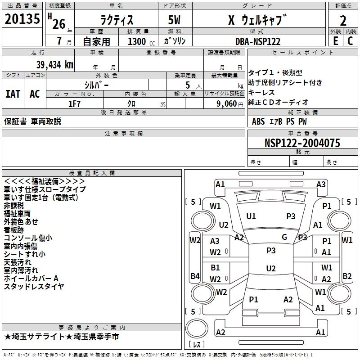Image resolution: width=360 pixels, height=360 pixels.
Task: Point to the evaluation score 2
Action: click(343, 20)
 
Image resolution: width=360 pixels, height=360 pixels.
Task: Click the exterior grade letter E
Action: click(335, 41)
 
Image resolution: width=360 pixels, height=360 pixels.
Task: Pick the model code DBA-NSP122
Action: click(257, 41)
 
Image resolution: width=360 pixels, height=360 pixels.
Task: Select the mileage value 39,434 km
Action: click(53, 64)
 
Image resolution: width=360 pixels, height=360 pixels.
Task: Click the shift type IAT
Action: click(13, 94)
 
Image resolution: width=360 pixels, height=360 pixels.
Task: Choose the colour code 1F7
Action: click(74, 103)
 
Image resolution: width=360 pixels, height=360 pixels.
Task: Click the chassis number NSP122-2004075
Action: click(302, 143)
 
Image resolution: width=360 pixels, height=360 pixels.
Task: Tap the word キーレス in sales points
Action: click(263, 92)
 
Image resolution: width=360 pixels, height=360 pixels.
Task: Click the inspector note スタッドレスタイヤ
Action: click(34, 286)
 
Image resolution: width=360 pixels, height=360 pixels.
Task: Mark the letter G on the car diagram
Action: click(284, 237)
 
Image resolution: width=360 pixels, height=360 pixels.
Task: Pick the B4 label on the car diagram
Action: click(194, 276)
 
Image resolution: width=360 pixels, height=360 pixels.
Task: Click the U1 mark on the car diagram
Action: click(251, 216)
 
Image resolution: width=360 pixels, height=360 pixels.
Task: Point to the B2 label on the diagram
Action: click(347, 276)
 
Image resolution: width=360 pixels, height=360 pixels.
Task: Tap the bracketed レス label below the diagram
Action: click(197, 344)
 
